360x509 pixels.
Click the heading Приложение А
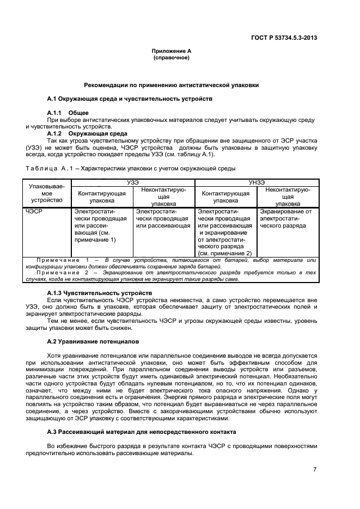(172, 51)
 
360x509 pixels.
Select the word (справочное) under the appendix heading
(172, 57)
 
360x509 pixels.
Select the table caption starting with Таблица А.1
(129, 168)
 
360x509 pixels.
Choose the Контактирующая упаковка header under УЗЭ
(102, 197)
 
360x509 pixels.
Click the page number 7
(315, 469)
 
